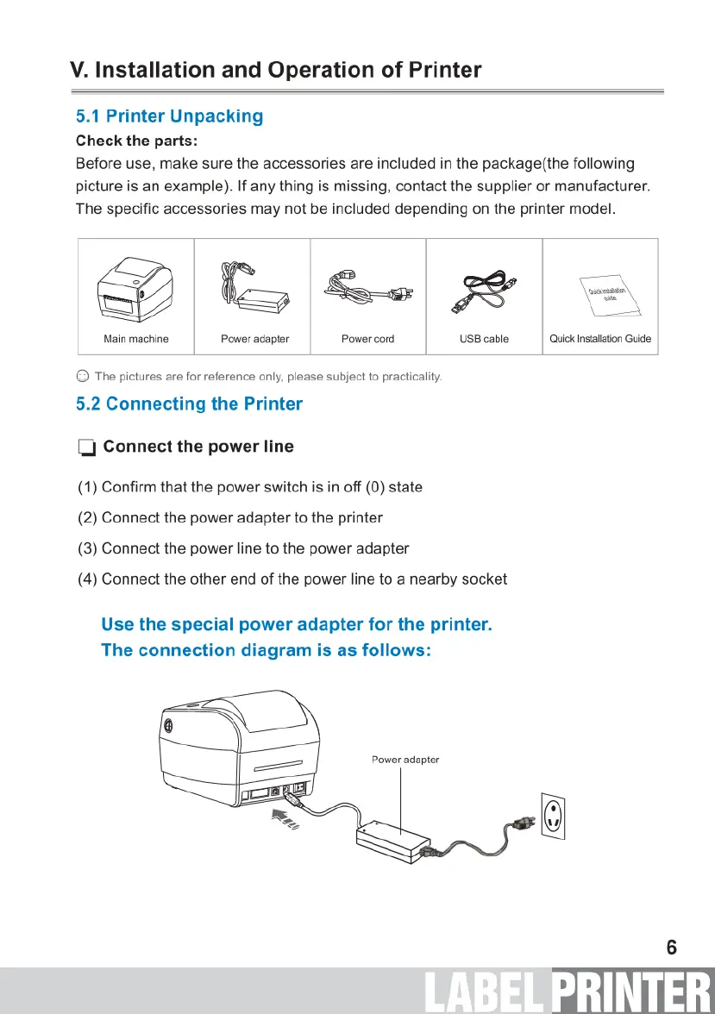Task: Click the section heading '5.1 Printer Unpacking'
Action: pos(169,116)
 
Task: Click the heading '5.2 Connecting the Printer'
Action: pos(189,404)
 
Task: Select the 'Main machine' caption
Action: pos(136,339)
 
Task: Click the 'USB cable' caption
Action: pos(484,339)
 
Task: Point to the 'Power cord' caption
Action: pos(367,339)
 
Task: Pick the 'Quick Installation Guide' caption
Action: pos(600,339)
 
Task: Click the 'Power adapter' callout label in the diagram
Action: pos(405,760)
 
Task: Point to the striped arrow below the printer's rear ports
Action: pos(285,820)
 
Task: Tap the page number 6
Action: pos(671,948)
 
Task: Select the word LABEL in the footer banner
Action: pos(485,992)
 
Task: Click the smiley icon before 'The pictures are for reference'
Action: pos(82,377)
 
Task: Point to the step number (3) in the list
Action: pos(88,548)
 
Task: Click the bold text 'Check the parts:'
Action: pos(137,141)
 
